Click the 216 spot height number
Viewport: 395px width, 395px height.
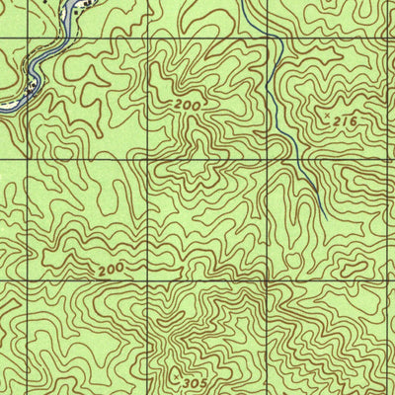pyautogui.click(x=343, y=119)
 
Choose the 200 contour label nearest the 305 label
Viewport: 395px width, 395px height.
pyautogui.click(x=113, y=269)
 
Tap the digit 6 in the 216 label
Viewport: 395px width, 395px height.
pyautogui.click(x=351, y=119)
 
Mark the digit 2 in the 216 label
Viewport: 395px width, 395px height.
pyautogui.click(x=336, y=119)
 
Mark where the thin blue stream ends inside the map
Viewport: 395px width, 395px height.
pyautogui.click(x=326, y=219)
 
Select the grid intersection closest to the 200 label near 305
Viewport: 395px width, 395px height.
pyautogui.click(x=147, y=281)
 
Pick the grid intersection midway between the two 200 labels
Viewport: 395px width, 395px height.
pyautogui.click(x=147, y=159)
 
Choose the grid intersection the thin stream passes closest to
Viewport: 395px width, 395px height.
pyautogui.click(x=268, y=39)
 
